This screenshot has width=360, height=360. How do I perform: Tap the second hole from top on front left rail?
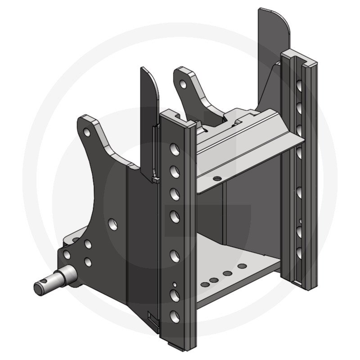[173, 170]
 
